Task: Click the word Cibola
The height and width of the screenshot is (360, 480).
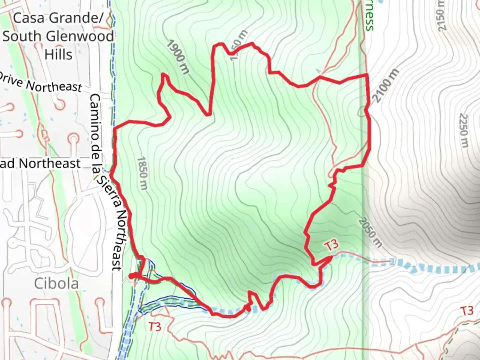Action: [56, 283]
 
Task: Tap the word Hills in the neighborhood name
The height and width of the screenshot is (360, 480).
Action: [58, 54]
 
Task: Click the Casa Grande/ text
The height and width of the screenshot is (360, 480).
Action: [58, 18]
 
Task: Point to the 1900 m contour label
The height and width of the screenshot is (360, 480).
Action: [178, 57]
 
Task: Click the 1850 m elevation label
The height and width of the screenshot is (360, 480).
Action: [142, 173]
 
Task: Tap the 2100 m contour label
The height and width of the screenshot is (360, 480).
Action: [386, 86]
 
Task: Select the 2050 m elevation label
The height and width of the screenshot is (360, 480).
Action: [370, 233]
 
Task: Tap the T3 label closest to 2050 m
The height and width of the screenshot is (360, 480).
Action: [331, 245]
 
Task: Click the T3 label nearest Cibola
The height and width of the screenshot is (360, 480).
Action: [155, 326]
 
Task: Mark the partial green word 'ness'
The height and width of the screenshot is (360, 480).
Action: [369, 21]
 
